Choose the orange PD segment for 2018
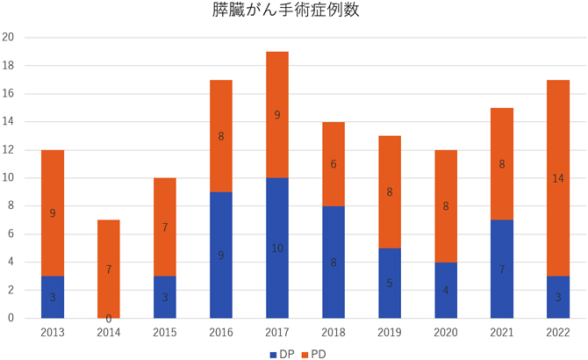[x=333, y=164]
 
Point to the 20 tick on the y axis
[x=8, y=38]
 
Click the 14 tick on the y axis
[x=8, y=122]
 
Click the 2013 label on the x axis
[x=53, y=331]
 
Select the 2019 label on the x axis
[x=390, y=331]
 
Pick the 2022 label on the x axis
[x=558, y=331]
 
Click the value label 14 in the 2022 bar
[x=558, y=178]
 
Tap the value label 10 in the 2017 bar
[x=276, y=248]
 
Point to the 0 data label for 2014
[x=109, y=318]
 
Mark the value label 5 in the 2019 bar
[x=390, y=284]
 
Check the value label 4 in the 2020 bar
[x=446, y=291]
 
